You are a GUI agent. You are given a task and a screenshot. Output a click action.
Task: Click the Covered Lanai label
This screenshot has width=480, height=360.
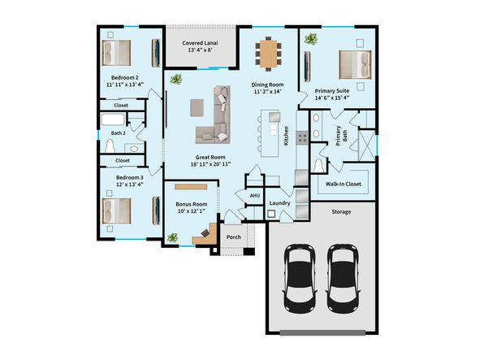click(201, 46)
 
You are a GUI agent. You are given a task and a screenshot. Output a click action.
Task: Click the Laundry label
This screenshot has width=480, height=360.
click(280, 202)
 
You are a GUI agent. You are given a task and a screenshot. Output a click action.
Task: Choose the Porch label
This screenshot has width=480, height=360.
click(234, 237)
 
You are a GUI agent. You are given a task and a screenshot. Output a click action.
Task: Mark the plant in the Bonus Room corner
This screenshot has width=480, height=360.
click(172, 236)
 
